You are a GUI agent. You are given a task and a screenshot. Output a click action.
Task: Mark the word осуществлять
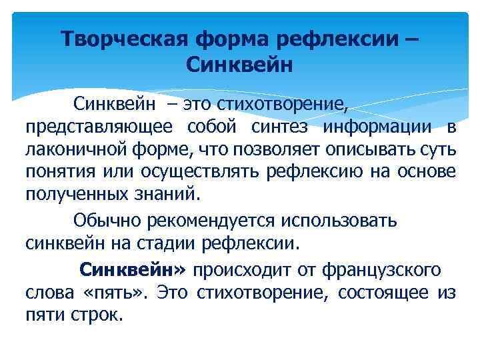pyautogui.click(x=200, y=172)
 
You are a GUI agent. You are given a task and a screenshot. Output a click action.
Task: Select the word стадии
pyautogui.click(x=179, y=243)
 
